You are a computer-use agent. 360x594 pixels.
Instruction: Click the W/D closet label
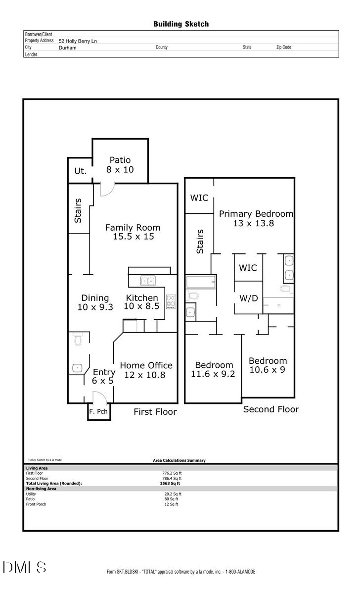(x=248, y=298)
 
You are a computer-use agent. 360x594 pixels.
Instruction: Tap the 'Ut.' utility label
(x=80, y=171)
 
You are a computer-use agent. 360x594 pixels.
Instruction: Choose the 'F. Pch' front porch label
(x=98, y=411)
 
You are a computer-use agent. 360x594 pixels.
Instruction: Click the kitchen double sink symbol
(x=147, y=281)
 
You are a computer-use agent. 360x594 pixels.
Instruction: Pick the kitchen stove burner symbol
(x=171, y=301)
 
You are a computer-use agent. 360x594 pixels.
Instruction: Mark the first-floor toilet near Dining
(x=77, y=340)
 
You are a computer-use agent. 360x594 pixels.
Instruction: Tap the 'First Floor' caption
(x=155, y=412)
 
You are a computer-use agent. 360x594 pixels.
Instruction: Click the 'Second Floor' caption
(x=271, y=409)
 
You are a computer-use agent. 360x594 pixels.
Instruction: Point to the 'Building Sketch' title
(x=181, y=24)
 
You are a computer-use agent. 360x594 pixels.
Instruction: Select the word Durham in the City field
(x=67, y=48)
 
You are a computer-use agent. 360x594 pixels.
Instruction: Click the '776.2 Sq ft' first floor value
(x=168, y=473)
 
